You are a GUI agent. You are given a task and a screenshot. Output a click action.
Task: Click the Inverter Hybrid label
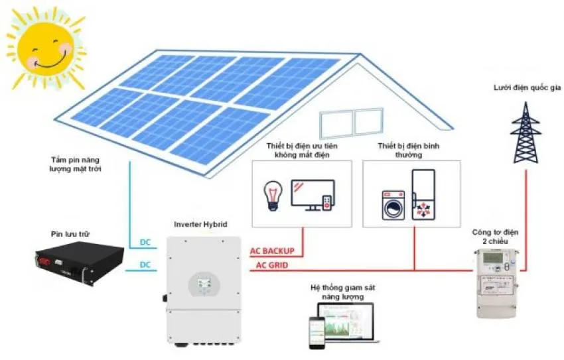(x=200, y=225)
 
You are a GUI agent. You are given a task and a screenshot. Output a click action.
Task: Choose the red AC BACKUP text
(x=272, y=252)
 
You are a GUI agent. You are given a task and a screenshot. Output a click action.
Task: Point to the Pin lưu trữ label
(x=70, y=234)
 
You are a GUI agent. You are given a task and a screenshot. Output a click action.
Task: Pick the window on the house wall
(x=353, y=123)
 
